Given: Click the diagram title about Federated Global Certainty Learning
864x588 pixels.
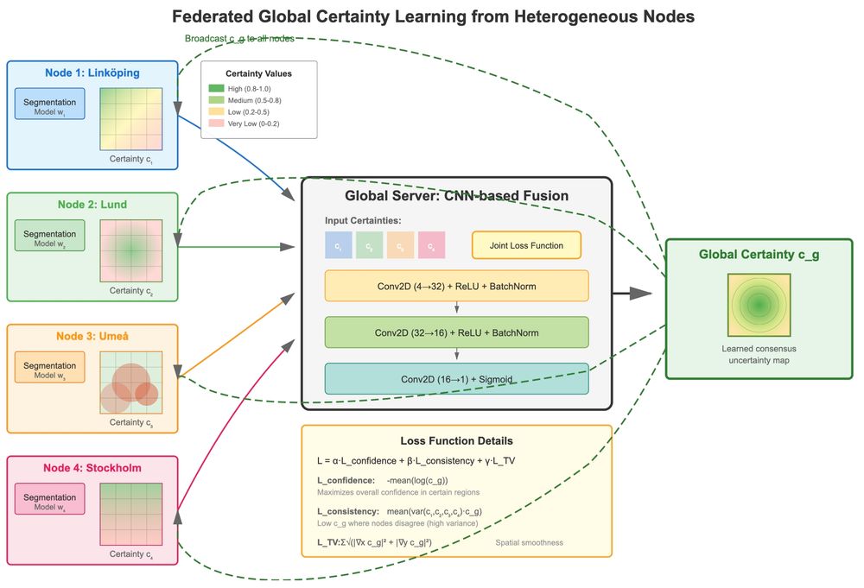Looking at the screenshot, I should [x=432, y=16].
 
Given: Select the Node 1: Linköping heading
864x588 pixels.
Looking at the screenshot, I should [x=92, y=73].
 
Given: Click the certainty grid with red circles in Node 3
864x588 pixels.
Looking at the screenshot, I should [x=131, y=382].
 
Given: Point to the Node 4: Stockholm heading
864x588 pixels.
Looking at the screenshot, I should [x=92, y=468].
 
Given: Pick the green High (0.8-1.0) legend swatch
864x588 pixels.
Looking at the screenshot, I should [x=216, y=88].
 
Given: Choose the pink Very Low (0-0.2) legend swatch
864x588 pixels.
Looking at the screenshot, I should [x=216, y=123].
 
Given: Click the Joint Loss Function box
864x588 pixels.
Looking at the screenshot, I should [x=526, y=245].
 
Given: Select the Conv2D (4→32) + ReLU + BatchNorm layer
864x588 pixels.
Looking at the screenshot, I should [x=456, y=286].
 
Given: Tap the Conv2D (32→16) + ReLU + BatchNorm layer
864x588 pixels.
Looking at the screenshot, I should [x=456, y=332].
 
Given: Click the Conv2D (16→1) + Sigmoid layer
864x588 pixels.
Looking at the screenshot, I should [x=456, y=378].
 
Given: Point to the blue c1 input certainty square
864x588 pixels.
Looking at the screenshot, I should [x=339, y=245].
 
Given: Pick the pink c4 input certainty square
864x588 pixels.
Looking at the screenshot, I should [x=431, y=245].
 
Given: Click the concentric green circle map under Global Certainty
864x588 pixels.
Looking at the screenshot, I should [x=759, y=305].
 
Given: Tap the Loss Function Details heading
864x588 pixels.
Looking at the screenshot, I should [x=456, y=440].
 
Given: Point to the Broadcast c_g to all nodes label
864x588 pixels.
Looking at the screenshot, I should [x=239, y=39].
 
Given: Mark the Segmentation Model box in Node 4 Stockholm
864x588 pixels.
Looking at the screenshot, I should [x=49, y=502].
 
